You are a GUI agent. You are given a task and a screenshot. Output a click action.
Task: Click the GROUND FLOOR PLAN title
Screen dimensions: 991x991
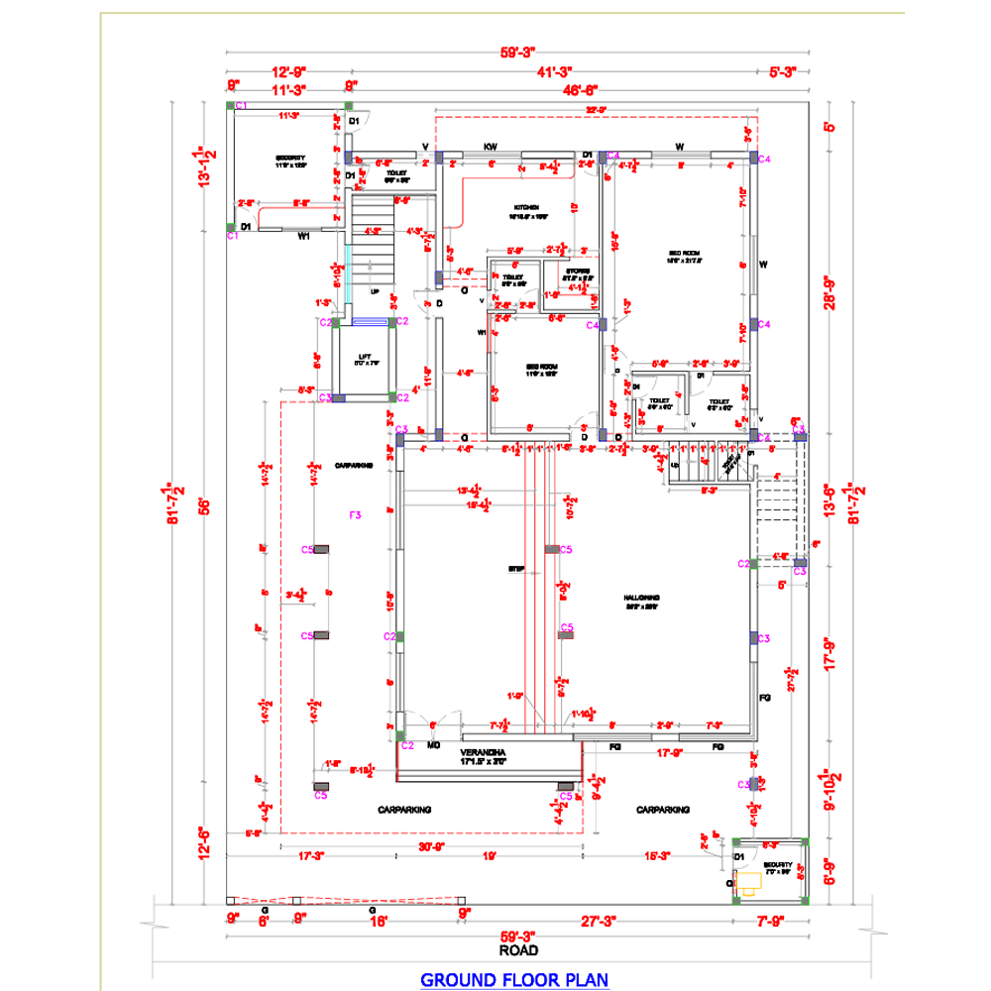(514, 980)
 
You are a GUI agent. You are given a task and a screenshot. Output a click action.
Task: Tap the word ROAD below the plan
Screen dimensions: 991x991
(518, 950)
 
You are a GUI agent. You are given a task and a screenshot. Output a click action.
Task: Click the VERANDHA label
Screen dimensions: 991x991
(483, 754)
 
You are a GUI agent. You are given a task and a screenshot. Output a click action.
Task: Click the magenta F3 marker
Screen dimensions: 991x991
(356, 514)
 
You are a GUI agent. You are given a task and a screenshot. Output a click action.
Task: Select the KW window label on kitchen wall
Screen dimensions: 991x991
(490, 147)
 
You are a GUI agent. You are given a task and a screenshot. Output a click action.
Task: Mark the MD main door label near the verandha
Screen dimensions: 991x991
(433, 745)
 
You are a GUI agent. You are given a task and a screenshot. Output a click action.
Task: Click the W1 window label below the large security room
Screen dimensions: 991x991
(305, 237)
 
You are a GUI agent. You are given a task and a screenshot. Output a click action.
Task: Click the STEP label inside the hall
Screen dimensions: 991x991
(515, 570)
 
